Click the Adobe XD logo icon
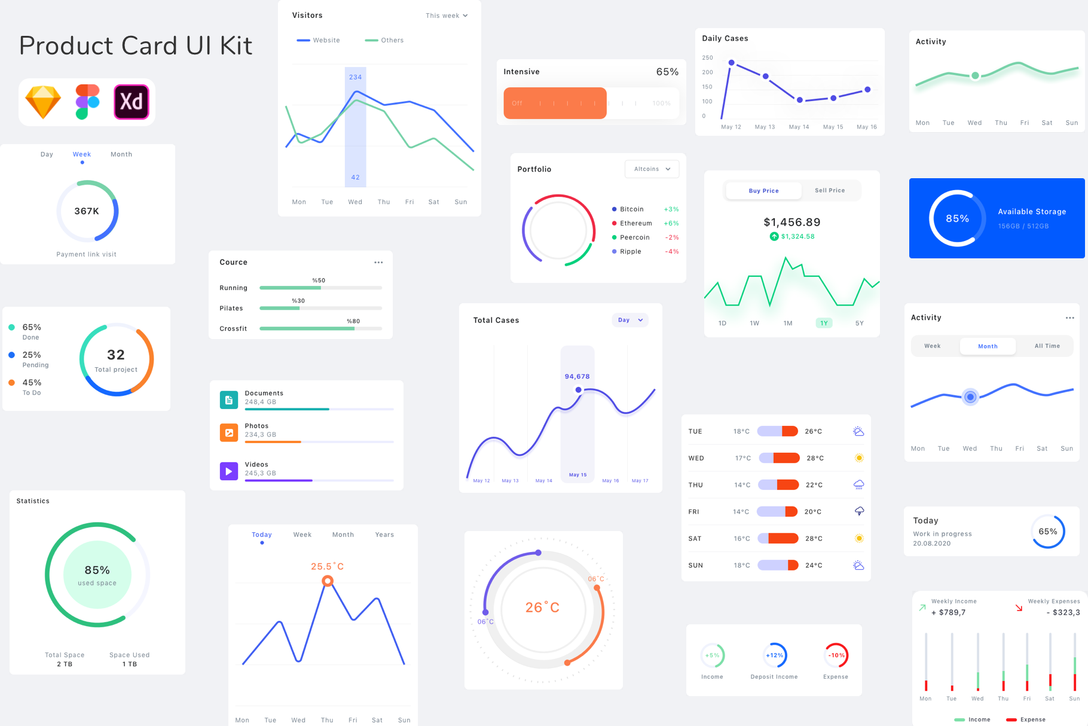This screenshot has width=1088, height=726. point(131,102)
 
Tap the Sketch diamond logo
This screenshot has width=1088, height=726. point(43,102)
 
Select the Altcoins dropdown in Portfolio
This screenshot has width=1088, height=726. point(652,169)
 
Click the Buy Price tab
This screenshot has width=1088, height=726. point(763,191)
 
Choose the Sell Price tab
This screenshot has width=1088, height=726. point(830,190)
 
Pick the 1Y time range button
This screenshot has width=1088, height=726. point(824,323)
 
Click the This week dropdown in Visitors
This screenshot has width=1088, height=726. point(447,16)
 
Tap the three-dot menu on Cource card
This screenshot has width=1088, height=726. point(378,263)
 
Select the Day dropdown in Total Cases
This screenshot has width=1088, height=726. point(630,320)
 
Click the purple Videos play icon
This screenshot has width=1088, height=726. point(229,471)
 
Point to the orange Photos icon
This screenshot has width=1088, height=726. point(229,432)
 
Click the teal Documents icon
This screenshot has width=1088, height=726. point(229,399)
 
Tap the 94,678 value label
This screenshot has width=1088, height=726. point(577,376)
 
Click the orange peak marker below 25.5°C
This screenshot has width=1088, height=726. point(328,581)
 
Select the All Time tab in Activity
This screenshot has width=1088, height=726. point(1047,346)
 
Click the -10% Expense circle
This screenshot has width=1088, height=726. point(836,655)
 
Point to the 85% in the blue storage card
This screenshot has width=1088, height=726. point(957,219)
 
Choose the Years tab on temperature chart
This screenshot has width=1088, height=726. point(384,535)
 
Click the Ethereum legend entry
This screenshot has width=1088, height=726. point(635,223)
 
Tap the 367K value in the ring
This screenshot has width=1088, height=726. point(87,211)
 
